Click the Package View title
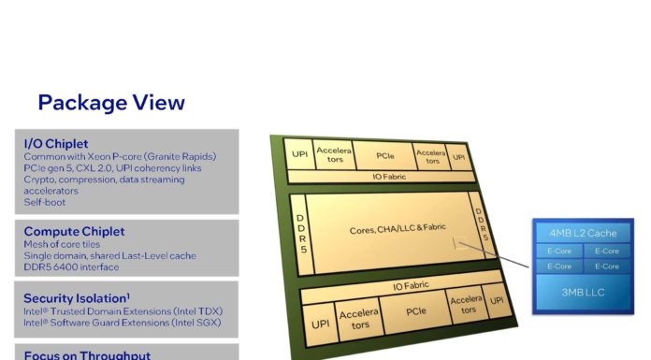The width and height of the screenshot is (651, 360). (111, 103)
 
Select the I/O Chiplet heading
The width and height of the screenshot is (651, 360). (56, 143)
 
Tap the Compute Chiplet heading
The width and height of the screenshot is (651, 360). (74, 231)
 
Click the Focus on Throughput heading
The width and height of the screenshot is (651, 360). (87, 355)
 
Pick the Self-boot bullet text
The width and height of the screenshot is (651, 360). (45, 202)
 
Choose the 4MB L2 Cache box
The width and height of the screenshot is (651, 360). (583, 233)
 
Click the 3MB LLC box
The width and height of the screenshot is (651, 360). (584, 294)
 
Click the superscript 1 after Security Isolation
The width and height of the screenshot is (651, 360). (128, 294)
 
